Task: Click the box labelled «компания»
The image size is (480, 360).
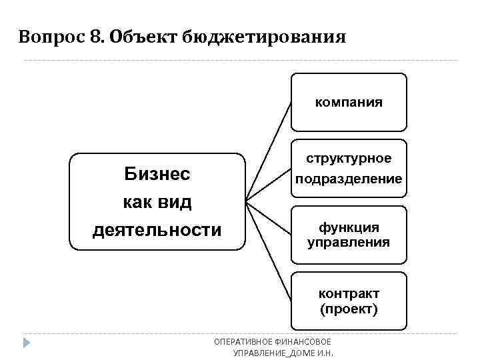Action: click(349, 102)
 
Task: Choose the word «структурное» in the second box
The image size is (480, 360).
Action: click(349, 159)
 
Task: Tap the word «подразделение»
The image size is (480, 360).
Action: click(349, 179)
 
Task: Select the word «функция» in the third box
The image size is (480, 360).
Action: click(349, 227)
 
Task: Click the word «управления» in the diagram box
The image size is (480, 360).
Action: click(349, 242)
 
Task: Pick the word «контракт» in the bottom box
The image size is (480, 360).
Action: click(349, 294)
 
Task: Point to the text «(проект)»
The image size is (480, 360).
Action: click(349, 309)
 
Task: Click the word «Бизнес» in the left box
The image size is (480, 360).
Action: click(157, 174)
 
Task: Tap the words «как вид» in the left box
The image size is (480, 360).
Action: click(157, 202)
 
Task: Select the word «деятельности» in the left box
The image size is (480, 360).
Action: click(157, 230)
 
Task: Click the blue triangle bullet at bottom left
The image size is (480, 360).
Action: click(27, 343)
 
